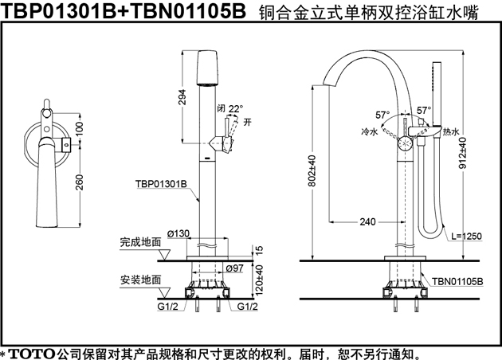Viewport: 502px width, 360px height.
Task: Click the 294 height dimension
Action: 182,97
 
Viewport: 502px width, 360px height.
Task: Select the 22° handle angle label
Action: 235,109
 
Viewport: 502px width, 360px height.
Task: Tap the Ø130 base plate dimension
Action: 178,233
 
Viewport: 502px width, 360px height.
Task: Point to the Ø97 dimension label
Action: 235,268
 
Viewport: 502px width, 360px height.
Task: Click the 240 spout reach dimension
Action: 367,221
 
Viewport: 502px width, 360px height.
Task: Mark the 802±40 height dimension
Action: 313,170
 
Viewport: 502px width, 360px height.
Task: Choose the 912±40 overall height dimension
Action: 463,153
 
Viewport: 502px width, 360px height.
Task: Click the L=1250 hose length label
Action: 466,237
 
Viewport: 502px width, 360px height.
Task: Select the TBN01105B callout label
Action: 457,282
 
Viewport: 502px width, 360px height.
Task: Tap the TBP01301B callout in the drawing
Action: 161,184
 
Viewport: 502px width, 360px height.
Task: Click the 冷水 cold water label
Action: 370,131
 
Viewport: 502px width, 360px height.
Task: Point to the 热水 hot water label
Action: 451,131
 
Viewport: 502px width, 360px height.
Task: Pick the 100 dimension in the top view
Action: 79,128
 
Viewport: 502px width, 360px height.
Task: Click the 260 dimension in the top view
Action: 79,182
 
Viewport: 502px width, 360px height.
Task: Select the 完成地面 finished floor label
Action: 140,242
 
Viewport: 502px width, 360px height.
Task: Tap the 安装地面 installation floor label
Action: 140,280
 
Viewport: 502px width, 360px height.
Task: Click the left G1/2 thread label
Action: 167,307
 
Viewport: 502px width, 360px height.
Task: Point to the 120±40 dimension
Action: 260,280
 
